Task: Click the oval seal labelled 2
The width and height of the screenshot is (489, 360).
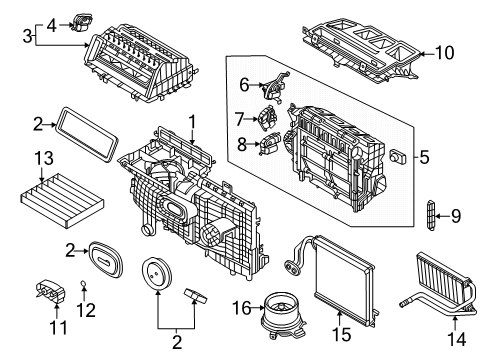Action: coord(104,258)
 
